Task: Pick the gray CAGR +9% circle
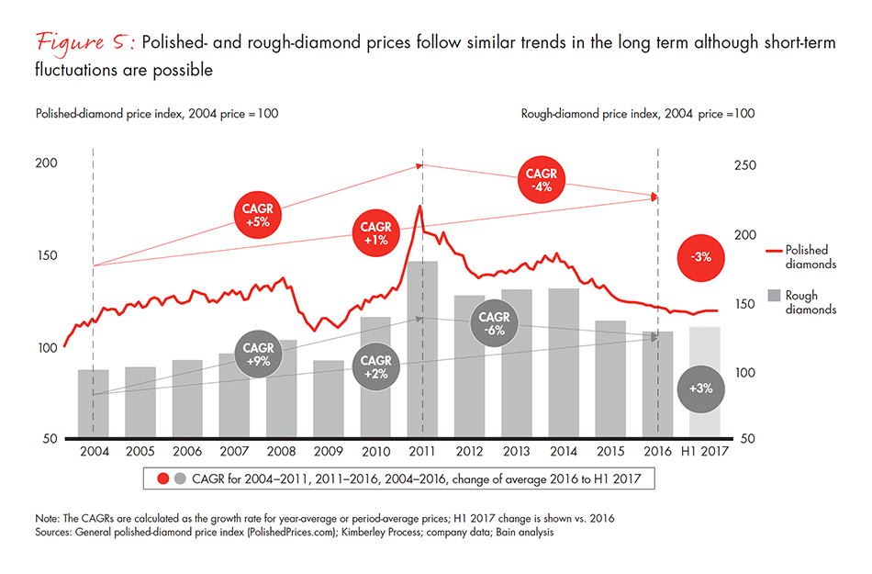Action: point(258,355)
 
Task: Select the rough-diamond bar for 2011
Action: point(422,349)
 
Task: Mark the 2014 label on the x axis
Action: point(564,451)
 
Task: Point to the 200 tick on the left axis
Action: point(46,163)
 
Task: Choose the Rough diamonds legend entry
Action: point(804,303)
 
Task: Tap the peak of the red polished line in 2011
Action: point(419,207)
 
